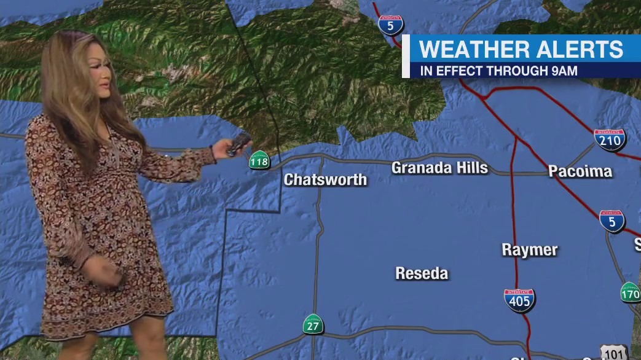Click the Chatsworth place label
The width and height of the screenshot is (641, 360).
[325, 179]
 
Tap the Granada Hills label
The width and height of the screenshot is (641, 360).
[439, 167]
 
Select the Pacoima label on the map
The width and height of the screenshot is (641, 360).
[580, 171]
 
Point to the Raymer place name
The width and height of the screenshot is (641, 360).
[529, 249]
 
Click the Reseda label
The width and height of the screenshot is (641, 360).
[422, 273]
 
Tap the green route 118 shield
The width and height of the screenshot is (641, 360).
[259, 160]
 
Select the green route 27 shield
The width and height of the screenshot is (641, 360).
[313, 324]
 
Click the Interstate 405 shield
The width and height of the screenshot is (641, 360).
[519, 300]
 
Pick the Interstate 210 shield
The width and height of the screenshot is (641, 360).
[610, 140]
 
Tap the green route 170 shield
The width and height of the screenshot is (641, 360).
[631, 292]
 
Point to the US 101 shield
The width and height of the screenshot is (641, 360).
[615, 353]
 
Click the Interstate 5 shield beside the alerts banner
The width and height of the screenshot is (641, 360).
[391, 25]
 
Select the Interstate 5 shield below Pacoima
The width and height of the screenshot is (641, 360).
[612, 221]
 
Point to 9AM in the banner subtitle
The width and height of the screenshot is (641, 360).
[564, 71]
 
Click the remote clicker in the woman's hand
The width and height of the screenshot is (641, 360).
[238, 143]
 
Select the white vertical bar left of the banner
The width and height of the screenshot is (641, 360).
[406, 57]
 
